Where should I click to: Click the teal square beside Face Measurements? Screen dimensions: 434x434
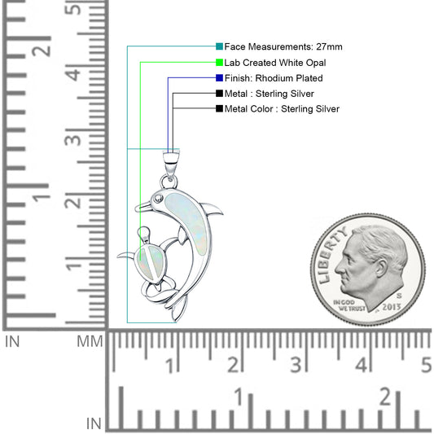(219, 46)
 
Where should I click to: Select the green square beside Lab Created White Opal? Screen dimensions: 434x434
(219, 62)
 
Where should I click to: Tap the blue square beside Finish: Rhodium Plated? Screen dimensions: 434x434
(219, 78)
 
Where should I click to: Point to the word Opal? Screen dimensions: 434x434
(316, 63)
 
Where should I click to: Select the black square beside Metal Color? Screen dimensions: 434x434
(219, 108)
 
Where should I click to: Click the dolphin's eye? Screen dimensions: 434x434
(158, 198)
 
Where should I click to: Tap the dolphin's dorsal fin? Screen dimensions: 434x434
(213, 209)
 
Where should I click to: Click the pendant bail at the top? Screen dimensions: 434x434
(171, 163)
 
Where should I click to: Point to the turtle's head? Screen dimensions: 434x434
(144, 232)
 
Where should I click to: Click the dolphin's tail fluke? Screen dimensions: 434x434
(178, 308)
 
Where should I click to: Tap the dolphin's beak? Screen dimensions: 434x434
(143, 207)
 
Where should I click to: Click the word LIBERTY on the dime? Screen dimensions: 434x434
(332, 255)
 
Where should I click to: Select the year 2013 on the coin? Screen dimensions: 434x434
(392, 307)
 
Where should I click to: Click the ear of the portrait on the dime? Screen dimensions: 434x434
(381, 268)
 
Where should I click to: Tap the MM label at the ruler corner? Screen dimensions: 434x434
(90, 341)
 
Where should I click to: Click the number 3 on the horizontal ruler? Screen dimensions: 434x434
(296, 364)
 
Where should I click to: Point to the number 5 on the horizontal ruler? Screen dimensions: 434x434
(426, 365)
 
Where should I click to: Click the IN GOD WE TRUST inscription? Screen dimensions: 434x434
(349, 305)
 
